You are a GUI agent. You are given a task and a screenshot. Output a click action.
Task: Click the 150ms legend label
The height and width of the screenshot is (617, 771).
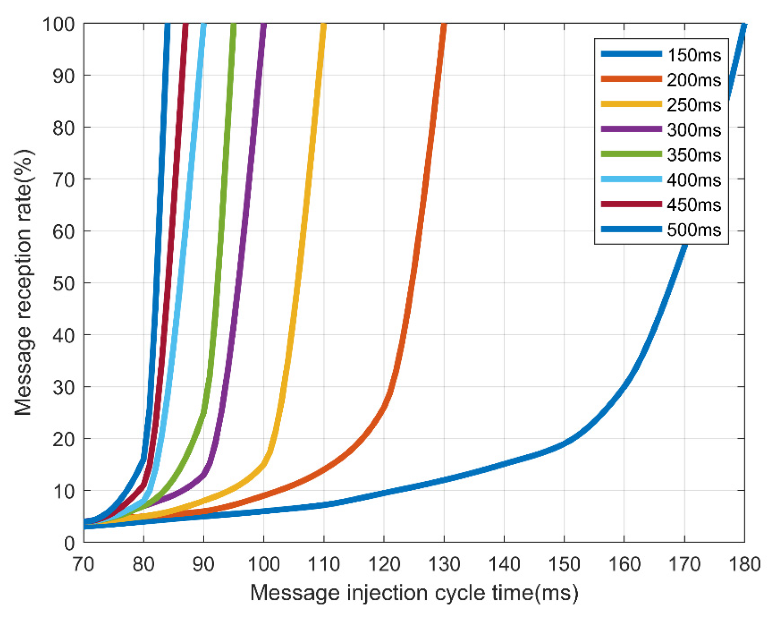(694, 55)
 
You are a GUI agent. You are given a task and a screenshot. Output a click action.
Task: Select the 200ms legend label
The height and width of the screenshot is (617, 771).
(694, 80)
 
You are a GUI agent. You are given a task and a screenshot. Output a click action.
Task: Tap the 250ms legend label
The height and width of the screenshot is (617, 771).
(694, 105)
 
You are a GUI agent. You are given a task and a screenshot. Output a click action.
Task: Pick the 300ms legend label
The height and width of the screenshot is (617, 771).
(694, 130)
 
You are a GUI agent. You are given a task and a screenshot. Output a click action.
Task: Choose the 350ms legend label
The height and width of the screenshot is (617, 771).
(694, 155)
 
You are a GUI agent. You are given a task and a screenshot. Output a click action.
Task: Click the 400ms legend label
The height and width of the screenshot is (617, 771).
(694, 180)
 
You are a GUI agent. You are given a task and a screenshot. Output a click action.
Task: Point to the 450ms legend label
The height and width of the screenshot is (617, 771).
(694, 205)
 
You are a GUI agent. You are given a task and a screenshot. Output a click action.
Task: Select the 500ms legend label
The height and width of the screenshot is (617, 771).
(694, 230)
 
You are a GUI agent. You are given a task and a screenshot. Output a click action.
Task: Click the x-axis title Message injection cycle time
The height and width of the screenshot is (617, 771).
(414, 593)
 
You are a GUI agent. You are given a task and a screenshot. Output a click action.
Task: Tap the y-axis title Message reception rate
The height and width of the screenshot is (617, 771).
(23, 283)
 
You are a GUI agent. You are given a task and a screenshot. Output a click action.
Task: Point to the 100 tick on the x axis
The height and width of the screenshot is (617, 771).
(264, 564)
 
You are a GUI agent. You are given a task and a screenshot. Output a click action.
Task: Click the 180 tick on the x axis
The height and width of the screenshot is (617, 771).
(744, 564)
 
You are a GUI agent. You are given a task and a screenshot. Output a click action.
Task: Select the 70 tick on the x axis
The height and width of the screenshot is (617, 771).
(84, 564)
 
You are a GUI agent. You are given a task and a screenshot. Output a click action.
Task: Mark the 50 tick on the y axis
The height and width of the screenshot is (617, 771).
(63, 283)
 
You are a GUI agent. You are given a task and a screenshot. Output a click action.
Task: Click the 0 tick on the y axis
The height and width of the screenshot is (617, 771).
(69, 543)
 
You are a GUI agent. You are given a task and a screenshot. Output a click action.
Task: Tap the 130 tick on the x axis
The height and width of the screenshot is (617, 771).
(444, 564)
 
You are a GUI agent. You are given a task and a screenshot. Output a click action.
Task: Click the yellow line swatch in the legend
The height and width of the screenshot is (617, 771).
(631, 104)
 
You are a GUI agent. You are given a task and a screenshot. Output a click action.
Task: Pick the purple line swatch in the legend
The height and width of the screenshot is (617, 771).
(631, 129)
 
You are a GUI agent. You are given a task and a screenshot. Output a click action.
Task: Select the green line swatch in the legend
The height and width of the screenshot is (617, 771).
(631, 154)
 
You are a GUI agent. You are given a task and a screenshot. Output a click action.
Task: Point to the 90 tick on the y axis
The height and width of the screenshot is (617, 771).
(63, 75)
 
